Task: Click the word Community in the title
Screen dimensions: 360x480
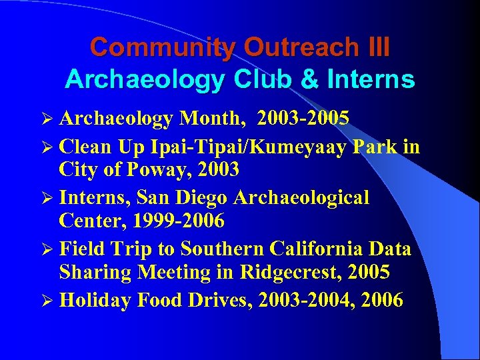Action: (x=163, y=48)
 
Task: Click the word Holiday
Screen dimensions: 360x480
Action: (x=95, y=300)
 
